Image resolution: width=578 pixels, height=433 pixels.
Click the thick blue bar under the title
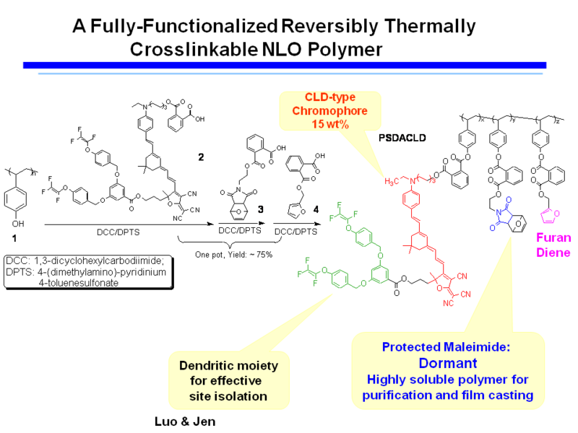pyautogui.click(x=289, y=65)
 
